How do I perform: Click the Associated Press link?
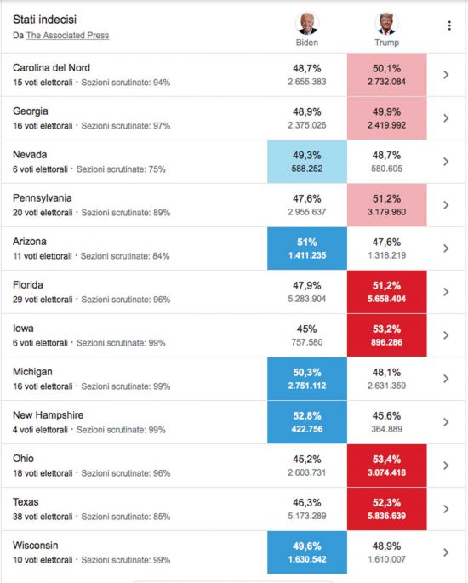point(67,36)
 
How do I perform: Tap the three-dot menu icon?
point(449,26)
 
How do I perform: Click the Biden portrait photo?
point(307,24)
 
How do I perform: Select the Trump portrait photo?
point(386,24)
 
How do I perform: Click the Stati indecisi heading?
point(44,20)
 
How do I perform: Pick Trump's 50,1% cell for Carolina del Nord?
point(386,75)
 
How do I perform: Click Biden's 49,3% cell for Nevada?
point(307,162)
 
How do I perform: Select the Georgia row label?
point(31,111)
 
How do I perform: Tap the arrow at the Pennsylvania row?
point(446,205)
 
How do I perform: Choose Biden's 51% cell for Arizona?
point(307,249)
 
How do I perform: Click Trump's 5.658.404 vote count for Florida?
point(386,299)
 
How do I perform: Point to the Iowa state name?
point(23,329)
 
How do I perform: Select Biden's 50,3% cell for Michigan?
point(307,379)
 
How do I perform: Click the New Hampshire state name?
point(48,415)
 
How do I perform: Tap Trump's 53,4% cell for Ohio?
point(386,466)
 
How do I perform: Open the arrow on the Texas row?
point(446,509)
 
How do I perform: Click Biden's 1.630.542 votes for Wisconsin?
point(307,559)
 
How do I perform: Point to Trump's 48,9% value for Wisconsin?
point(386,546)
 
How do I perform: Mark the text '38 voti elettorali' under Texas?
point(43,517)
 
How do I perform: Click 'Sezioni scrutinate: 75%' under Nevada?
point(121,169)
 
